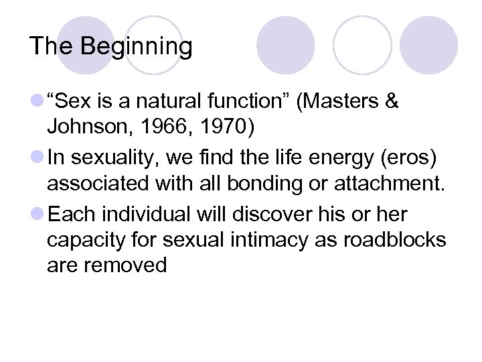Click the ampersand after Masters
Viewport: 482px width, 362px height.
click(x=392, y=102)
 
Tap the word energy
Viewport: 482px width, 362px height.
click(x=319, y=158)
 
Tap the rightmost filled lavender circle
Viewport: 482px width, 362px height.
click(x=428, y=46)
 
